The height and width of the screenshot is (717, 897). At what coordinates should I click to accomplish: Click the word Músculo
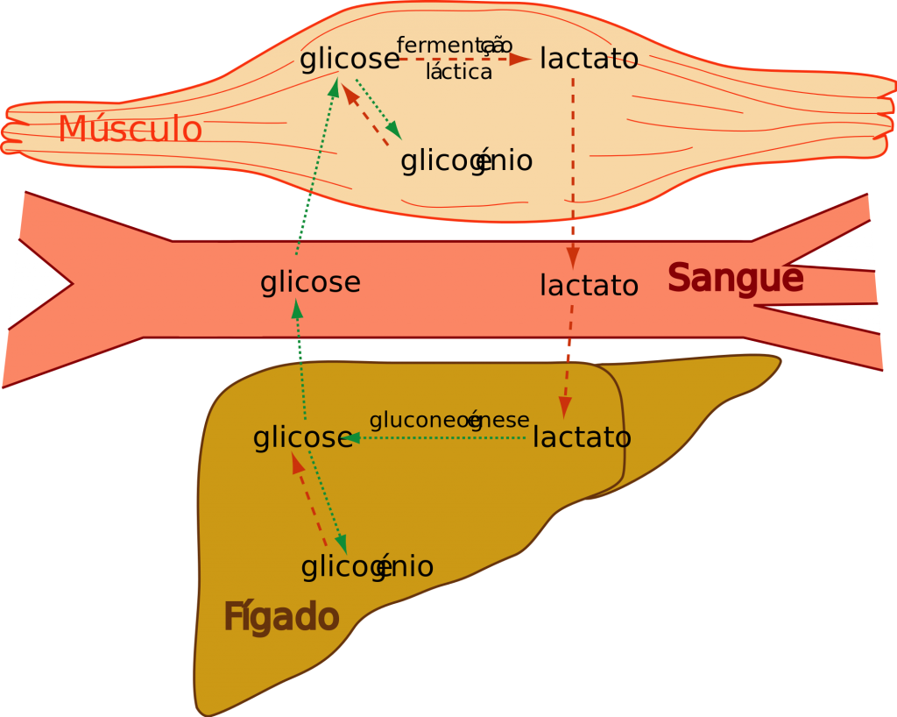131,128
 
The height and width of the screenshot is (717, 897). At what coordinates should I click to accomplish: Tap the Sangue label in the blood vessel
736,280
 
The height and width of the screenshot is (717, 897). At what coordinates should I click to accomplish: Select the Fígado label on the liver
281,618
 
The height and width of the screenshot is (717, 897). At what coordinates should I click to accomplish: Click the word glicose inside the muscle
350,59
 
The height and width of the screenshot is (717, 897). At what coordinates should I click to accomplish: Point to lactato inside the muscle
590,59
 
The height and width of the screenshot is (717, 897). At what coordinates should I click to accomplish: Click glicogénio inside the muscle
467,160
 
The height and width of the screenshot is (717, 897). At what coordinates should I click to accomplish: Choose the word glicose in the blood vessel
311,282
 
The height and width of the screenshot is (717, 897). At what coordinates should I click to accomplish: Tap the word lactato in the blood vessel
590,286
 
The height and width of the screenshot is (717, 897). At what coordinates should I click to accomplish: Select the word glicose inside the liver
302,438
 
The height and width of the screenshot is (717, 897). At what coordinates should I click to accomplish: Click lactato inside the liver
583,437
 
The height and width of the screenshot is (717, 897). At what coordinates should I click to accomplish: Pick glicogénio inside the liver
367,567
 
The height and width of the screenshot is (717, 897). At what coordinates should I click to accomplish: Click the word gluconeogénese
449,421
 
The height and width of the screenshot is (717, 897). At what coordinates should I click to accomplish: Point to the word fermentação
455,46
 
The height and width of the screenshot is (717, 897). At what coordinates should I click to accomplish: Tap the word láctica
459,72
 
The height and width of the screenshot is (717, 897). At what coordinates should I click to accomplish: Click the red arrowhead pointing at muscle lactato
520,59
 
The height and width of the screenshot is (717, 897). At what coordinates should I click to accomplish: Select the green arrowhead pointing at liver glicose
350,438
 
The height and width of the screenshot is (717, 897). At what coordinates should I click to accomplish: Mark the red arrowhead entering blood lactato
573,258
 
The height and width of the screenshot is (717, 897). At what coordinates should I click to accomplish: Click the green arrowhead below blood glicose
297,309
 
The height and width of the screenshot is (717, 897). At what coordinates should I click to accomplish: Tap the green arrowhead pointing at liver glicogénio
342,544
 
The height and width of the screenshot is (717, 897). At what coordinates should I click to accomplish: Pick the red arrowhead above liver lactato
565,407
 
